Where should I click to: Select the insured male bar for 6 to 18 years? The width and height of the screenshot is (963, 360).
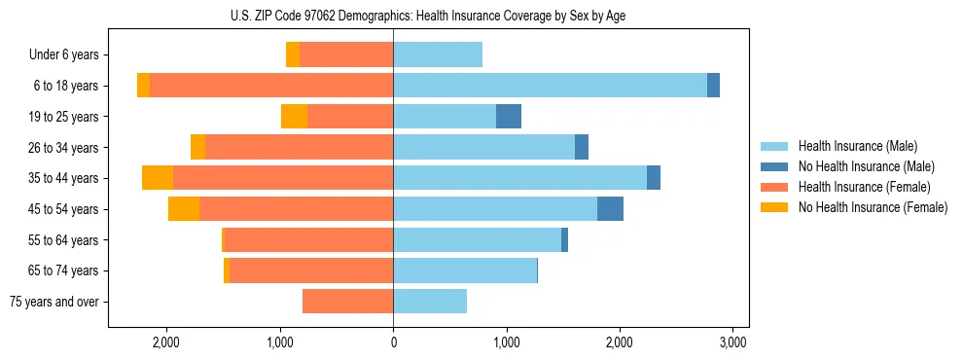tap(550, 86)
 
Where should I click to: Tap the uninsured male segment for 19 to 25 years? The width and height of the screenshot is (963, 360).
tap(509, 117)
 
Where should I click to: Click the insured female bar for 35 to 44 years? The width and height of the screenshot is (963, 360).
tap(283, 178)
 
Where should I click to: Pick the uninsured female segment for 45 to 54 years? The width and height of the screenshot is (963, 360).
tap(184, 209)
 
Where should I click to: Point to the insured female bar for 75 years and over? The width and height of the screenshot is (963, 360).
tap(347, 302)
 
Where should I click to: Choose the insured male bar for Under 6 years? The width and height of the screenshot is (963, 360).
tap(438, 54)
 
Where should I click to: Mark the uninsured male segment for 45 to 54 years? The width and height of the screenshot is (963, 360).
tap(610, 209)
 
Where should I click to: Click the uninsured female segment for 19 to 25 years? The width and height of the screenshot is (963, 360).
tap(294, 117)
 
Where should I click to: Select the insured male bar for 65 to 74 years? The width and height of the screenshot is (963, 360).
tap(465, 270)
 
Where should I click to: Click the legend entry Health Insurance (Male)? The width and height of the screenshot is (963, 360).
tap(857, 146)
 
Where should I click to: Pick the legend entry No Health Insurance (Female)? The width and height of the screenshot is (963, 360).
tap(872, 207)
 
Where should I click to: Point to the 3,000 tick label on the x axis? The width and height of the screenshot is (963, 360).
tap(732, 342)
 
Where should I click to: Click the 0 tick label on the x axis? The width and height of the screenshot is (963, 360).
tap(393, 342)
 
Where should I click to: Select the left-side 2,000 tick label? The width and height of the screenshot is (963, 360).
tap(166, 342)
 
